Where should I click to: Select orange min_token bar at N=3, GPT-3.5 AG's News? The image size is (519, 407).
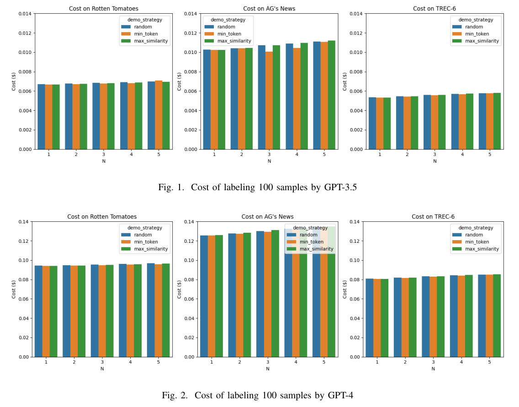(269, 101)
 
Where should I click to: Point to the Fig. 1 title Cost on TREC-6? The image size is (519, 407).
(434, 8)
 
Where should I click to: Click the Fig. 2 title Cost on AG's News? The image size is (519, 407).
(268, 216)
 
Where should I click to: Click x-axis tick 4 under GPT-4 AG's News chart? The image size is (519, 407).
(296, 362)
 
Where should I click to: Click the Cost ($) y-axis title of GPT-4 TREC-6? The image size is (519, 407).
(345, 289)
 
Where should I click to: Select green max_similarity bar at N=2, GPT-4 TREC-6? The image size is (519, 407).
(413, 317)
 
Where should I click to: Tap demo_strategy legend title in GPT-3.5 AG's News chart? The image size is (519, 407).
(224, 20)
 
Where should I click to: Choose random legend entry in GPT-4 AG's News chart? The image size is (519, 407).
(308, 235)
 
